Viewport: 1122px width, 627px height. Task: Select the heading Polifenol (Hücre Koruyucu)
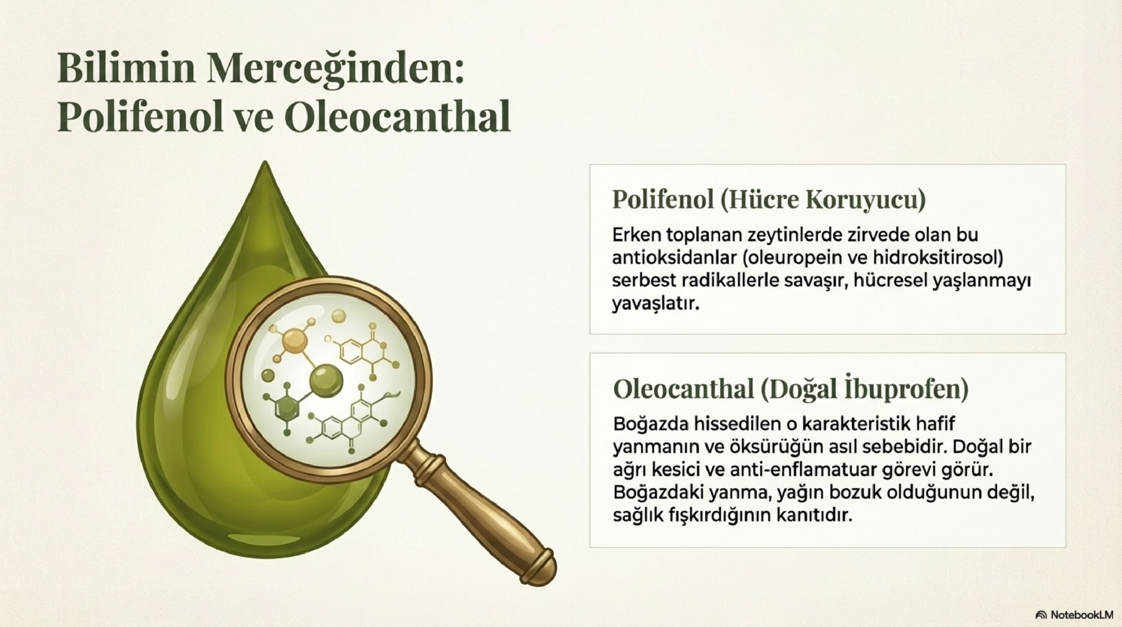[769, 200]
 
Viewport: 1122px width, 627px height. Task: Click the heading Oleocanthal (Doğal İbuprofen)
[791, 388]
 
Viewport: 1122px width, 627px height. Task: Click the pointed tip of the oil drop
[264, 161]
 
